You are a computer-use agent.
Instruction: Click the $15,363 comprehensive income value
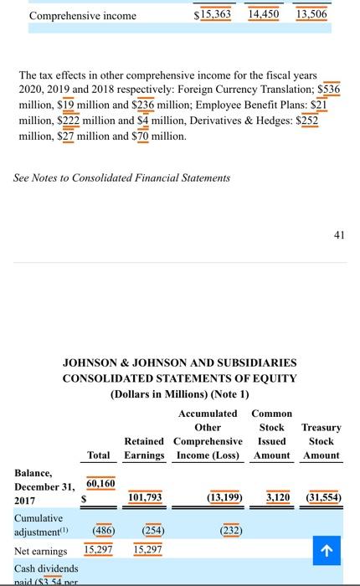coord(212,15)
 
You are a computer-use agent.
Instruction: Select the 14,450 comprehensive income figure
coord(264,15)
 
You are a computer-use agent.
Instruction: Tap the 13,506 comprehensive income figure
coord(311,15)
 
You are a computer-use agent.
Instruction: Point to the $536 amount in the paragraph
coord(324,89)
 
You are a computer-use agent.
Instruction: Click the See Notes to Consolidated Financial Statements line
coord(122,177)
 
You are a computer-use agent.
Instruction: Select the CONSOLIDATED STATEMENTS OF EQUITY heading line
coord(180,378)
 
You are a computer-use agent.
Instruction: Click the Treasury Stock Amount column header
coord(321,441)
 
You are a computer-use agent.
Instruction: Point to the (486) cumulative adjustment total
coord(99,530)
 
